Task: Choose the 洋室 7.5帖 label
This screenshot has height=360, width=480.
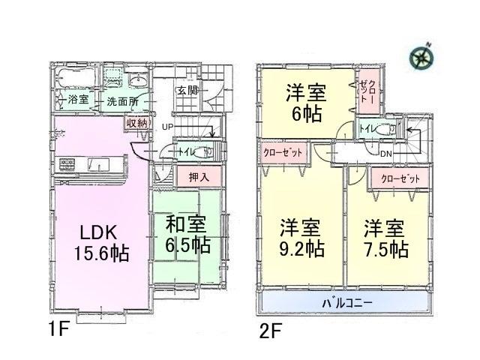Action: click(386, 237)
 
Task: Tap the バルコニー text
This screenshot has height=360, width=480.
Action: click(349, 302)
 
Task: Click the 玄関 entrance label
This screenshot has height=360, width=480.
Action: click(187, 91)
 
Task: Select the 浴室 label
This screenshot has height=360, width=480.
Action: click(78, 100)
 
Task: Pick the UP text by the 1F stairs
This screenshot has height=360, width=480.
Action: click(168, 127)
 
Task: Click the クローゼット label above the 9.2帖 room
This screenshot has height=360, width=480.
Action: click(284, 152)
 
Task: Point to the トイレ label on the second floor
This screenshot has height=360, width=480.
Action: click(366, 129)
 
